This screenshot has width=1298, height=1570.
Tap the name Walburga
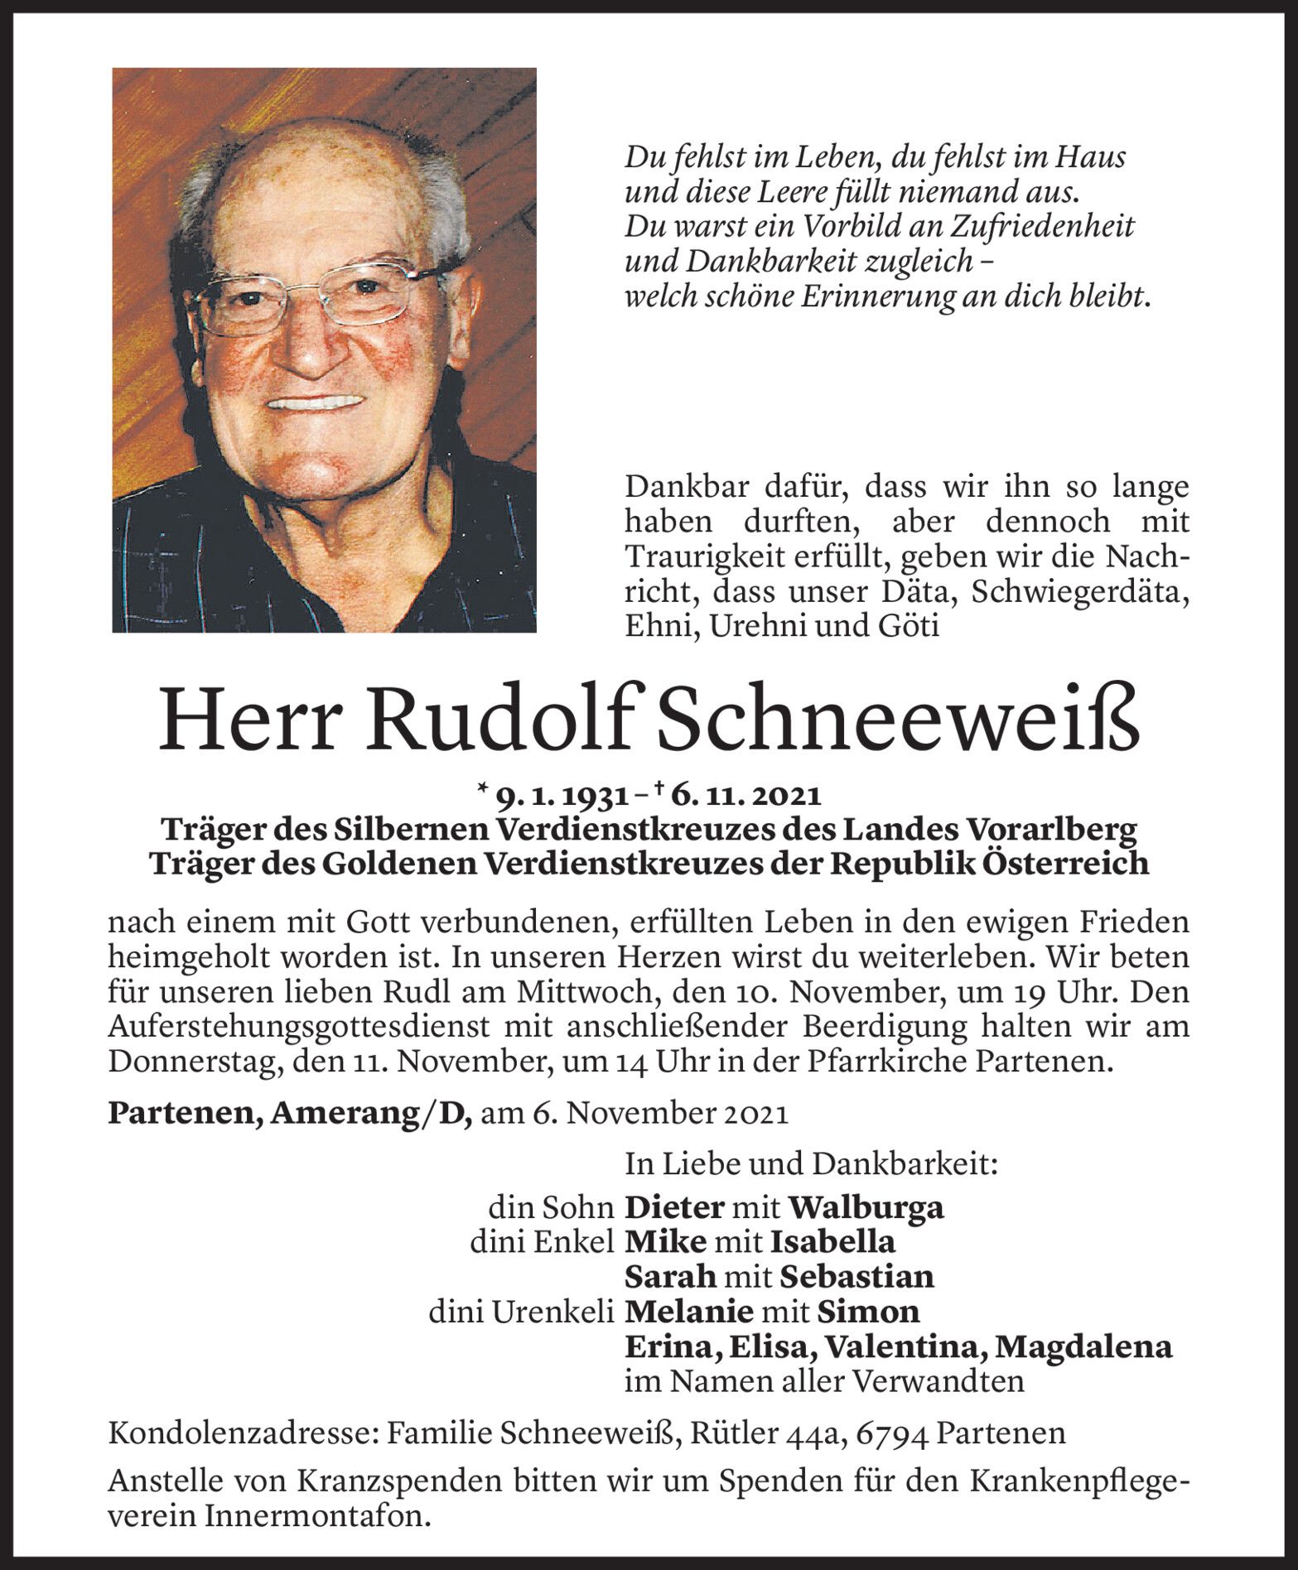[865, 1207]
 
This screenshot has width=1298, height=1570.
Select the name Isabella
[832, 1242]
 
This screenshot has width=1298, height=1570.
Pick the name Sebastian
[856, 1276]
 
